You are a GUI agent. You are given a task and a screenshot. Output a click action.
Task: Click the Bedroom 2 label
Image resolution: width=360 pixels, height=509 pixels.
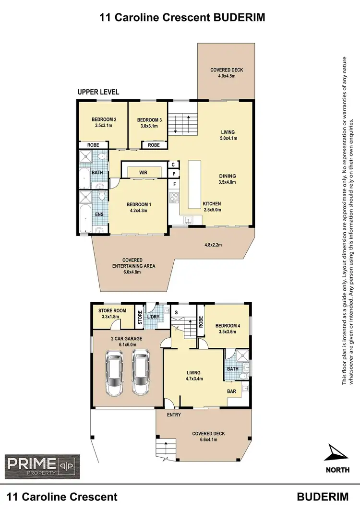pos(104,119)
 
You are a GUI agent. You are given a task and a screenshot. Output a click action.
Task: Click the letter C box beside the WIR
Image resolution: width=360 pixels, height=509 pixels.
pos(173,165)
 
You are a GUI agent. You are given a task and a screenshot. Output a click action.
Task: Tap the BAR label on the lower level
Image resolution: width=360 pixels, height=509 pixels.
pos(231,391)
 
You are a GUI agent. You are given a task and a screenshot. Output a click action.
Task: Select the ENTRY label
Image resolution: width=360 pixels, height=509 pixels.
pos(174,414)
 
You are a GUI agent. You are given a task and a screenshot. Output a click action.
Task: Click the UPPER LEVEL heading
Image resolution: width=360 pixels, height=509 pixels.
pos(98,92)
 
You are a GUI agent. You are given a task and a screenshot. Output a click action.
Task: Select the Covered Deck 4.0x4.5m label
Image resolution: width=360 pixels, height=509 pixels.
pos(227,73)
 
